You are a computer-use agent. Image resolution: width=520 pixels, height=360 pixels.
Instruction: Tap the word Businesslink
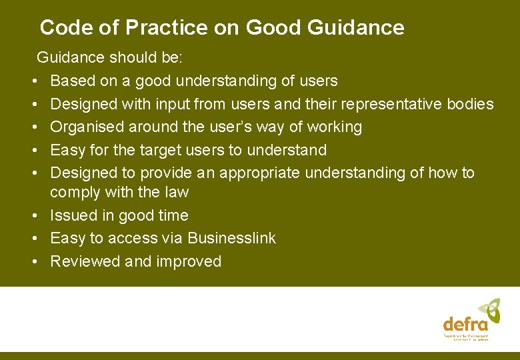[x=231, y=238]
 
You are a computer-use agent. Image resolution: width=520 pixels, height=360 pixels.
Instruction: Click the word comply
[x=75, y=193]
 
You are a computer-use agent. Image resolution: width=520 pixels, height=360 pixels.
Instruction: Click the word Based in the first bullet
[x=70, y=81]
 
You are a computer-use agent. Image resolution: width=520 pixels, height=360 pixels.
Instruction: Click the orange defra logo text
[x=465, y=324]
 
